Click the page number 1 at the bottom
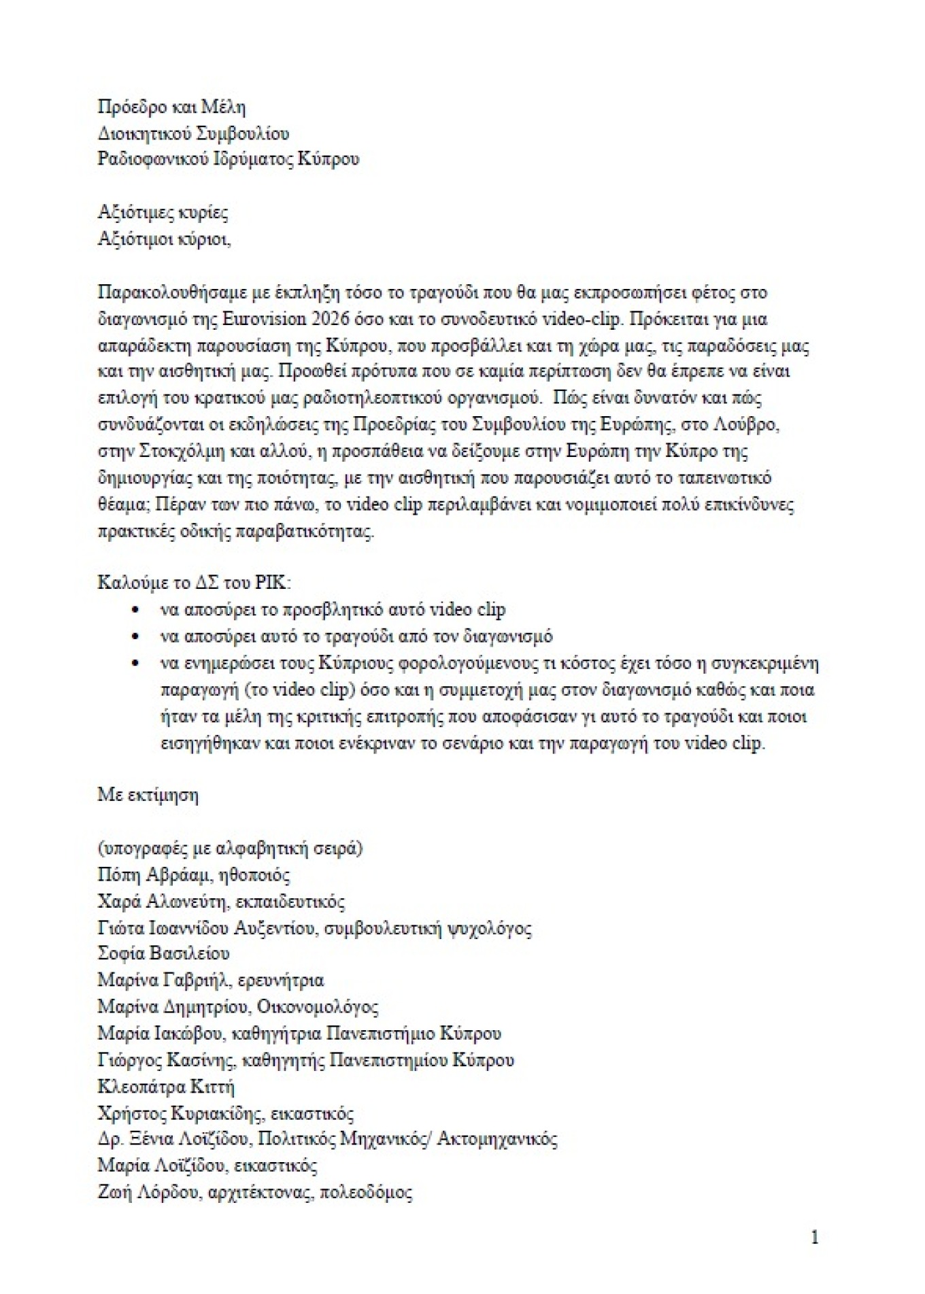click(815, 1237)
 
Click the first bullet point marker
click(137, 610)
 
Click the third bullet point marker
click(137, 663)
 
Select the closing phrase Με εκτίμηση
click(148, 794)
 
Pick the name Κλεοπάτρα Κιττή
click(166, 1086)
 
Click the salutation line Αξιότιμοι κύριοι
click(164, 239)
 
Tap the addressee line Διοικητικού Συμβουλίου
click(193, 133)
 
